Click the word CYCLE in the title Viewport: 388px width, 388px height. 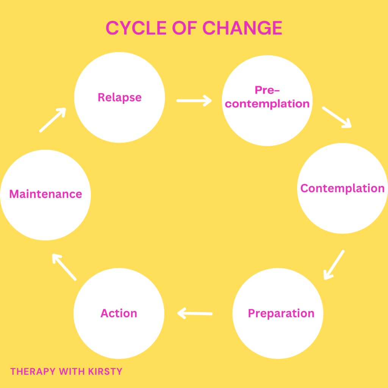pyautogui.click(x=136, y=28)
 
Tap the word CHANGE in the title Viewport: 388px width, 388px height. pyautogui.click(x=242, y=28)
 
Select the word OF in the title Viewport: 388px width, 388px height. pyautogui.click(x=185, y=28)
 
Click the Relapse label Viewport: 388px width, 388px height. pyautogui.click(x=120, y=97)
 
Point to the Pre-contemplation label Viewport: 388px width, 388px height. pyautogui.click(x=267, y=97)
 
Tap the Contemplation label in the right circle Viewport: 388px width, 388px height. pyautogui.click(x=343, y=189)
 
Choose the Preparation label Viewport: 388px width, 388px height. pyautogui.click(x=281, y=313)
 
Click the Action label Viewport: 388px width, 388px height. pyautogui.click(x=119, y=313)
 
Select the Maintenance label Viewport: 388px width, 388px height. pyautogui.click(x=45, y=194)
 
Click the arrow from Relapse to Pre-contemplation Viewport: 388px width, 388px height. pyautogui.click(x=194, y=101)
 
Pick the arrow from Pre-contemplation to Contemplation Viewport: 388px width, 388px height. pyautogui.click(x=337, y=117)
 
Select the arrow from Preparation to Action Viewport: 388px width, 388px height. pyautogui.click(x=195, y=313)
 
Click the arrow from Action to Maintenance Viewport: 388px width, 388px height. pyautogui.click(x=64, y=267)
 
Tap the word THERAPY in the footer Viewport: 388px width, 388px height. pyautogui.click(x=33, y=371)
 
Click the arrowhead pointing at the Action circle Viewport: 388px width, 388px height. pyautogui.click(x=181, y=313)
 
